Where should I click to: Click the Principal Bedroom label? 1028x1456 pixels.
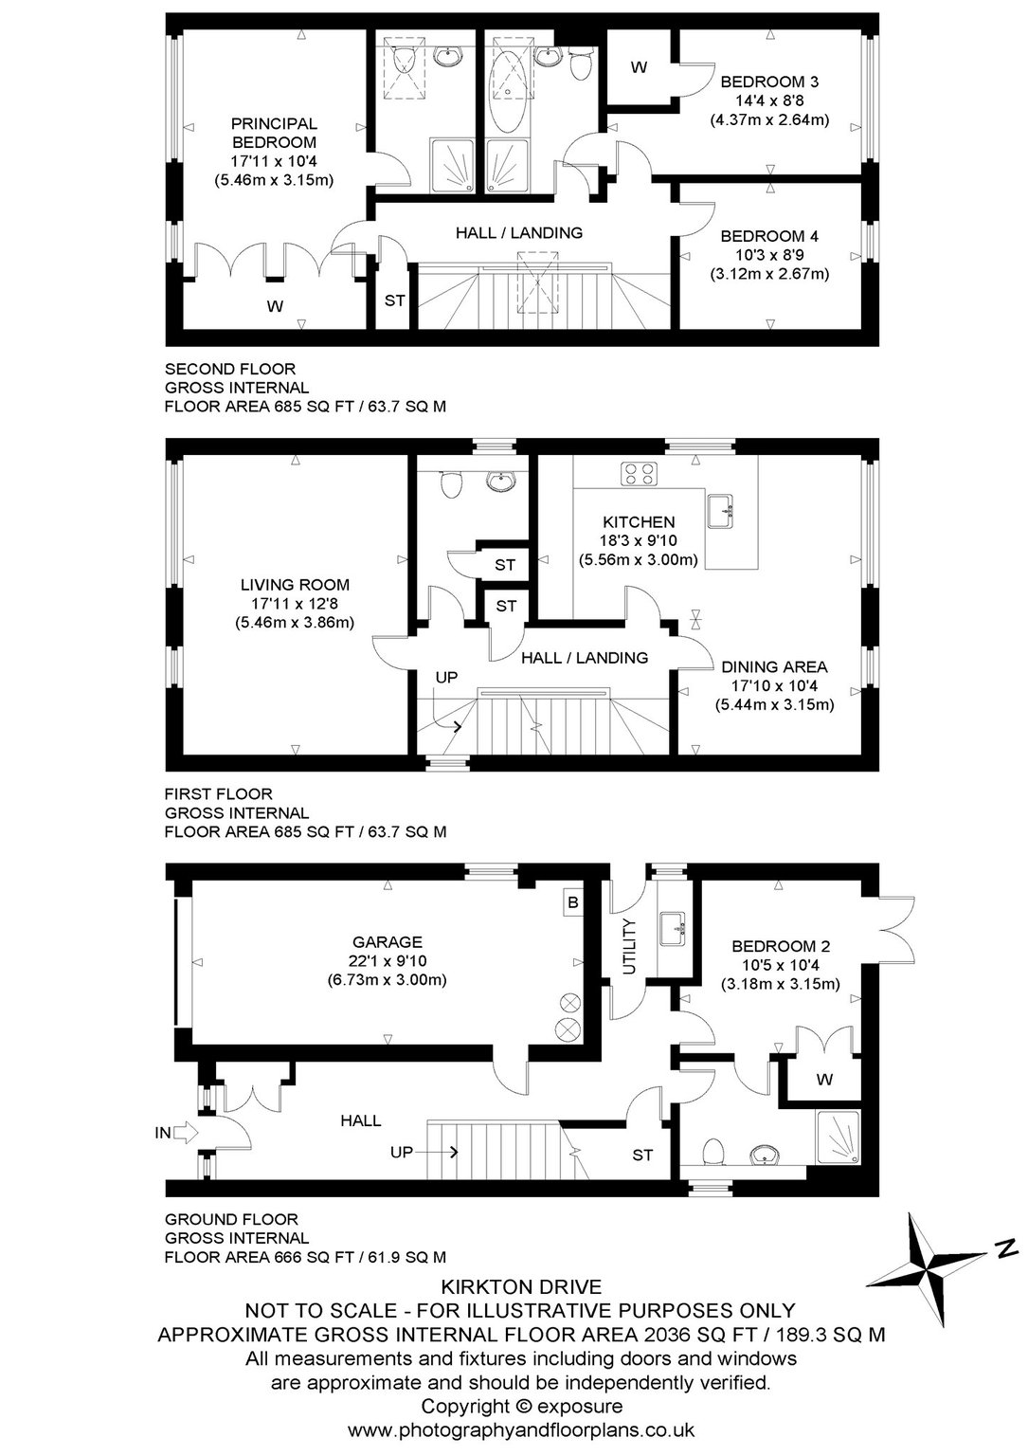click(274, 133)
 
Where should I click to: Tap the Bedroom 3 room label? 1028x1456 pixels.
click(769, 82)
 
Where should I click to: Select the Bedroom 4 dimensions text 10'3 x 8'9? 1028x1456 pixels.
click(769, 255)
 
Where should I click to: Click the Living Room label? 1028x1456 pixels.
click(295, 585)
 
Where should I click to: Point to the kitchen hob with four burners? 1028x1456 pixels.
click(640, 473)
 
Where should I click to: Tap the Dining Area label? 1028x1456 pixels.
click(774, 667)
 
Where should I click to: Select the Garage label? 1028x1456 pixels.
click(388, 942)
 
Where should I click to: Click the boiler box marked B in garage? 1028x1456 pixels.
click(572, 902)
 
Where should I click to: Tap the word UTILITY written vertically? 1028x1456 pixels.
click(630, 946)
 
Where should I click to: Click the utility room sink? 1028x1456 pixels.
click(674, 928)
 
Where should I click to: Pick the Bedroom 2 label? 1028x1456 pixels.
click(780, 946)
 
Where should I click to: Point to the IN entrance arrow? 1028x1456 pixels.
click(187, 1133)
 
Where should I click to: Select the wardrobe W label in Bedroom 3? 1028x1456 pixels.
click(639, 67)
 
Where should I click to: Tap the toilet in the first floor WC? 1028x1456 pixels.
click(450, 482)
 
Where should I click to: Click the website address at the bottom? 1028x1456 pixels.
click(521, 1430)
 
